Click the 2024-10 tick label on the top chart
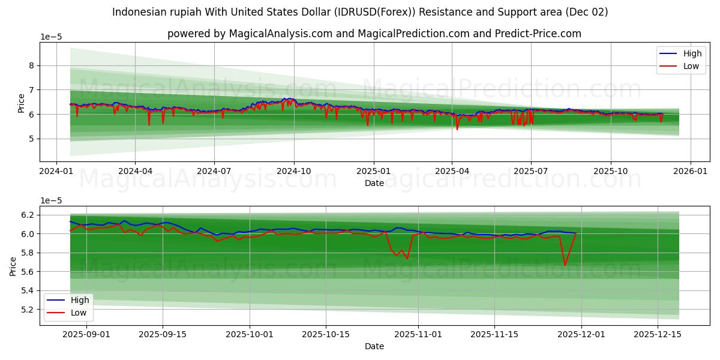coord(293,171)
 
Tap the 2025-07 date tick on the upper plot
coord(531,171)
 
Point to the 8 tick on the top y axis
coord(31,65)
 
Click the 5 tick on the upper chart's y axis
coord(31,139)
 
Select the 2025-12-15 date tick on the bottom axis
coord(658,334)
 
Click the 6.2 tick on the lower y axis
coord(28,215)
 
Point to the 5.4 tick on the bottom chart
coord(28,291)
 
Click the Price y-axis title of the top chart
coord(21,103)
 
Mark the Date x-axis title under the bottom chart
coord(374,346)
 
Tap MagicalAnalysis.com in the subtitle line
coord(281,34)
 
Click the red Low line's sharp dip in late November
coord(565,265)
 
